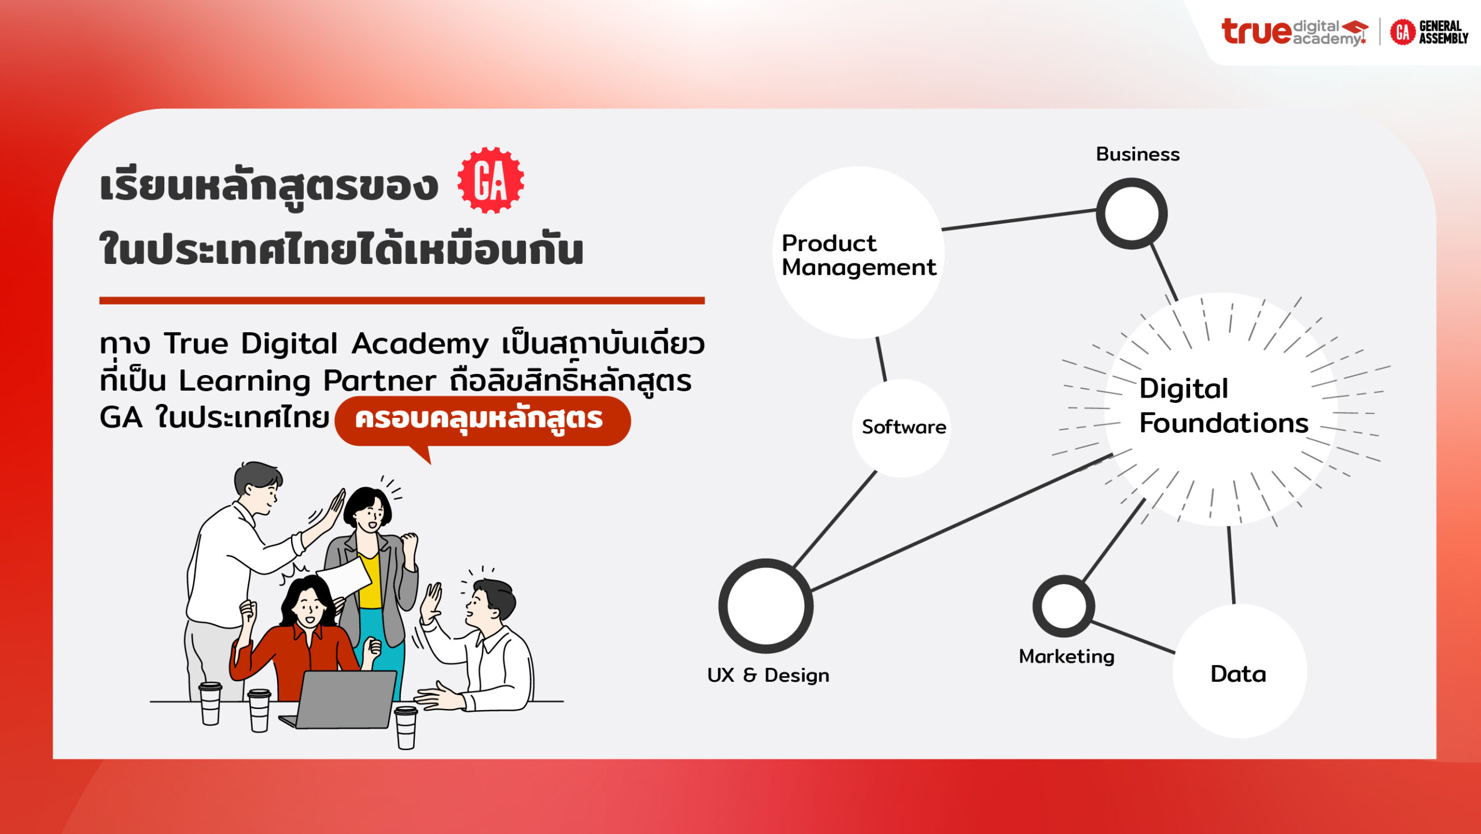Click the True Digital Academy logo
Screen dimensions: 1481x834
[x=1295, y=32]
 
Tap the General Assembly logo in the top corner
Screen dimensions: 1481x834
[x=1429, y=32]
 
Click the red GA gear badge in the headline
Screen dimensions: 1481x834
[x=491, y=181]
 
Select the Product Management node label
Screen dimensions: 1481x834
[x=859, y=255]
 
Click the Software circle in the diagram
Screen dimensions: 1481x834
[x=901, y=428]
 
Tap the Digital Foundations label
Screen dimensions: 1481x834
[x=1224, y=406]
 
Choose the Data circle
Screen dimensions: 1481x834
[x=1240, y=671]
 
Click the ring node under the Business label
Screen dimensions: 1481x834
[x=1099, y=214]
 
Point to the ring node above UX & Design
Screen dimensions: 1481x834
[x=723, y=606]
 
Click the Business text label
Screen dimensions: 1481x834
[x=1137, y=154]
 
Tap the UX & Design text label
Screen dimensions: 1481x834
[x=768, y=675]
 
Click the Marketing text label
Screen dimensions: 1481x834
[x=1066, y=656]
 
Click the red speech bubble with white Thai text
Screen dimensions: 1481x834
[x=482, y=421]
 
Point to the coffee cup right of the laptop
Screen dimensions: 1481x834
[x=406, y=728]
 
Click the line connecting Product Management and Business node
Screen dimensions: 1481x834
[x=1019, y=220]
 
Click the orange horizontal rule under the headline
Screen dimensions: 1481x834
[x=402, y=300]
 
